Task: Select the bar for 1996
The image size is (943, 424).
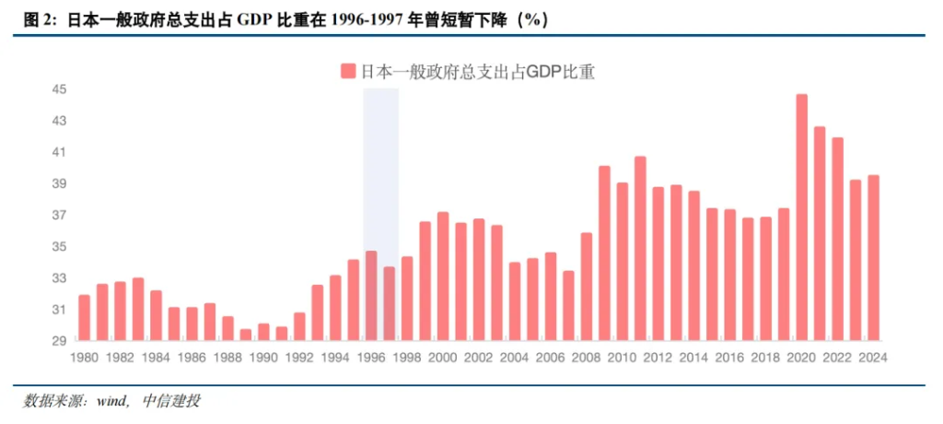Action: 371,296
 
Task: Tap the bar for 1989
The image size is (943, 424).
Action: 246,335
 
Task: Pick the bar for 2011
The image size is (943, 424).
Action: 640,249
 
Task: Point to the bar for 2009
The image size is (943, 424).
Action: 605,253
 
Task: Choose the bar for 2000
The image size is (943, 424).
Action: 443,277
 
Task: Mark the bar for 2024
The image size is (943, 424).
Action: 873,258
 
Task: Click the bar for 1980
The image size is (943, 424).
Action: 85,318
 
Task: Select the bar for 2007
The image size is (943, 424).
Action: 569,306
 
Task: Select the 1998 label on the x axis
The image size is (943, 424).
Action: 407,359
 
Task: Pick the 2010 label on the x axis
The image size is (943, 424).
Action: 622,359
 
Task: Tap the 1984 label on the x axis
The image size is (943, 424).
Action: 156,359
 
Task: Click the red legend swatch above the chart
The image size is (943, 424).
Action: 347,71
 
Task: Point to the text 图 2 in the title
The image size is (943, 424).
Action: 37,19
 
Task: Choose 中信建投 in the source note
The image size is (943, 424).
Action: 172,401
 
